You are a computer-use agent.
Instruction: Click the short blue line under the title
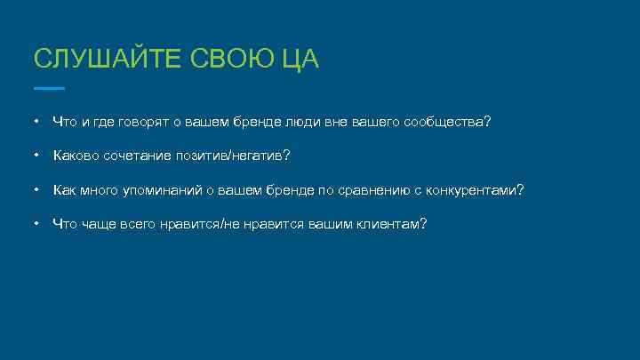49,88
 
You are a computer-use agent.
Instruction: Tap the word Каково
76,156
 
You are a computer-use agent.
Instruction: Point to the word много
100,189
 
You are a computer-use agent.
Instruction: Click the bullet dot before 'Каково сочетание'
37,156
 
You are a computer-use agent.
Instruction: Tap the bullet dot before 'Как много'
37,189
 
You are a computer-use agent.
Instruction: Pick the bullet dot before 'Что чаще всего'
37,223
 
